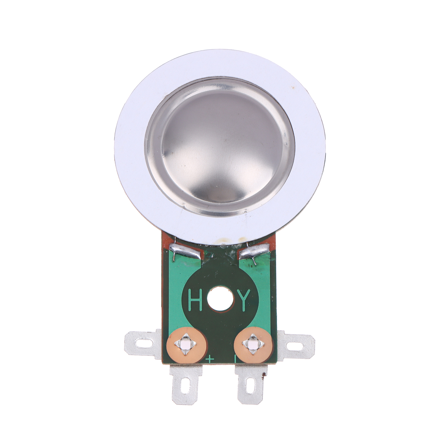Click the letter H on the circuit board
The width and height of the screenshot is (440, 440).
(195, 300)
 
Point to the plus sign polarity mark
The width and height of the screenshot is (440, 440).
(210, 359)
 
